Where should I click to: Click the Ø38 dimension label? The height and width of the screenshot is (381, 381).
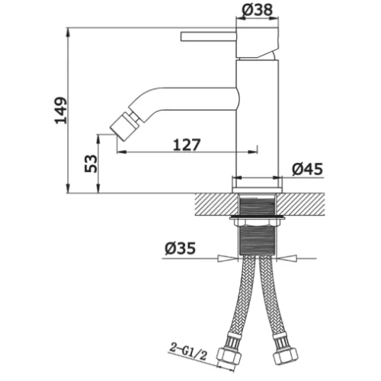pyautogui.click(x=257, y=10)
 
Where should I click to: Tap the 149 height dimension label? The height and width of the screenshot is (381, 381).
pyautogui.click(x=61, y=110)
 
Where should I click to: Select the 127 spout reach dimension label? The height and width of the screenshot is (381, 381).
pyautogui.click(x=187, y=145)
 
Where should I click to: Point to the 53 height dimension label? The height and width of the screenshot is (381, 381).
pyautogui.click(x=91, y=164)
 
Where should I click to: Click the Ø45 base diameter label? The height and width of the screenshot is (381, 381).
pyautogui.click(x=307, y=169)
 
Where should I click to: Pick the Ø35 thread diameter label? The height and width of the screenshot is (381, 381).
pyautogui.click(x=180, y=248)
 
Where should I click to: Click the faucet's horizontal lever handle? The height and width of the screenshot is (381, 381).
pyautogui.click(x=209, y=37)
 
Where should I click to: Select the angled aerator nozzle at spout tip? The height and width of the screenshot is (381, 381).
pyautogui.click(x=123, y=126)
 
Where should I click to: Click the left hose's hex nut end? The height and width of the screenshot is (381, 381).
pyautogui.click(x=229, y=355)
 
